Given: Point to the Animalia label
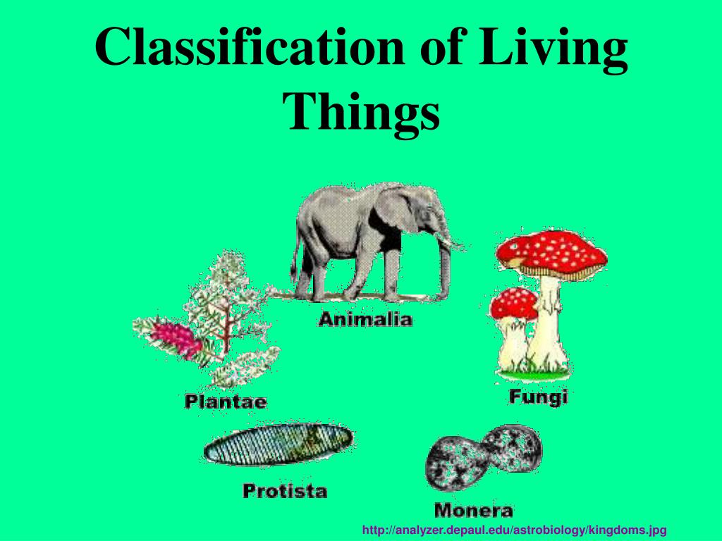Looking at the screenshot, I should (365, 319).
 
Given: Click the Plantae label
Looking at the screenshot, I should (226, 402).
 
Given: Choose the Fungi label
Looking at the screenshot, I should (538, 397).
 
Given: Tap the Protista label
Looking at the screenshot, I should (285, 490).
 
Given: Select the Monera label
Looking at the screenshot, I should (473, 509).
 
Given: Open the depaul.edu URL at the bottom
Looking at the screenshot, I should (514, 529).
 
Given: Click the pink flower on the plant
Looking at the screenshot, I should (180, 338).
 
